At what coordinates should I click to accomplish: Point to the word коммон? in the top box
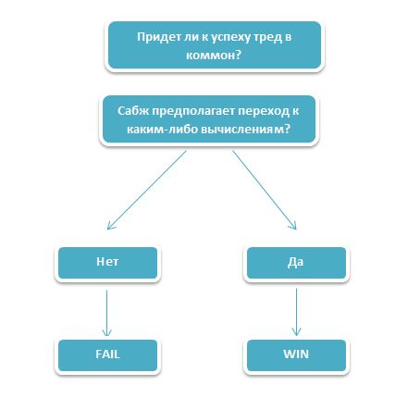[x=214, y=56]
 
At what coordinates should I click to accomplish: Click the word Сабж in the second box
[x=133, y=111]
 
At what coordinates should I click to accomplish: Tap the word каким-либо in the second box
[x=162, y=129]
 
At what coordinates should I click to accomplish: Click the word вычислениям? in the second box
[x=245, y=129]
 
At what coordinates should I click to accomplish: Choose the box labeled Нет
[x=107, y=263]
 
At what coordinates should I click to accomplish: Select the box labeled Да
[x=296, y=263]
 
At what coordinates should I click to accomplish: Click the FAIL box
[x=107, y=355]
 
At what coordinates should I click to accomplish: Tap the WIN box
[x=296, y=355]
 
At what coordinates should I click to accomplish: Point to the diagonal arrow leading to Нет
[x=147, y=190]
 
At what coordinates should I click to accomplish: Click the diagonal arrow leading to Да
[x=264, y=190]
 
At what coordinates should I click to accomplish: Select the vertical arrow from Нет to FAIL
[x=107, y=313]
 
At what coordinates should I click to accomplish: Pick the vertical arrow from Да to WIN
[x=296, y=312]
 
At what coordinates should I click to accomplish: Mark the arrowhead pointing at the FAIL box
[x=107, y=332]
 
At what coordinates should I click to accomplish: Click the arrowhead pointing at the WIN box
[x=296, y=332]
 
